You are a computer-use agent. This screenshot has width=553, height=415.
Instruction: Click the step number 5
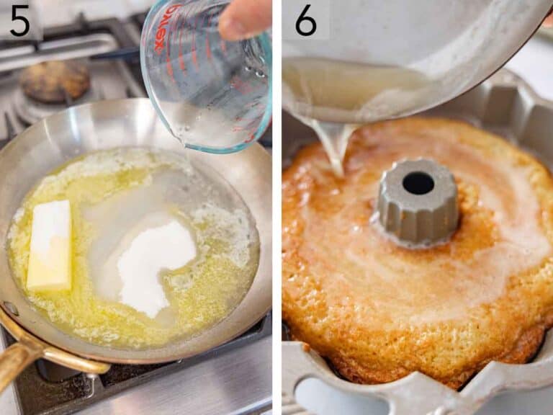[x=19, y=21]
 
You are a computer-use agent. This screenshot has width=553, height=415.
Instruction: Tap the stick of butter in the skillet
[x=50, y=245]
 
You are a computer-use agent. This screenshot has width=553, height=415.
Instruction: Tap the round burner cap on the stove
[x=54, y=80]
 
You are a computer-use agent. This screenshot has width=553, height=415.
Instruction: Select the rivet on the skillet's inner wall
[x=11, y=309]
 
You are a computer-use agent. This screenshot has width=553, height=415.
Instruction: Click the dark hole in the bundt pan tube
[x=418, y=183]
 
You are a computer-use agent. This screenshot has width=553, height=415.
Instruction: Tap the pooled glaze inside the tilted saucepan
[x=346, y=86]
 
